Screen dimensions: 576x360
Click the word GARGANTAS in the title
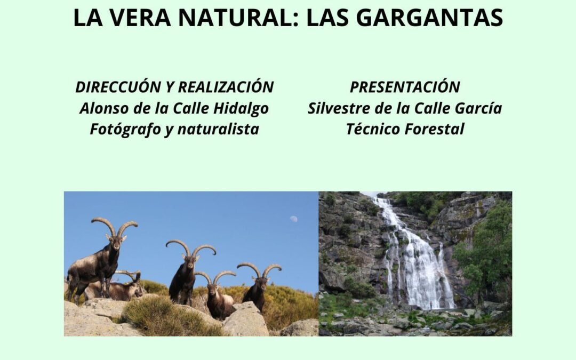[x=429, y=18]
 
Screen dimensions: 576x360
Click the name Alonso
[x=101, y=108]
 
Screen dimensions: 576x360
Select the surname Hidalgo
[x=241, y=109]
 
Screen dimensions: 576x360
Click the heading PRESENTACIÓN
[x=405, y=87]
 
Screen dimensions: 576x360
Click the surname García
[x=478, y=108]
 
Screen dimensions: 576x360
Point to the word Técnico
[x=373, y=129]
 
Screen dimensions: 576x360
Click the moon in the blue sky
[x=293, y=219]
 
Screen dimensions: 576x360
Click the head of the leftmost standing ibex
[x=116, y=243]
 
